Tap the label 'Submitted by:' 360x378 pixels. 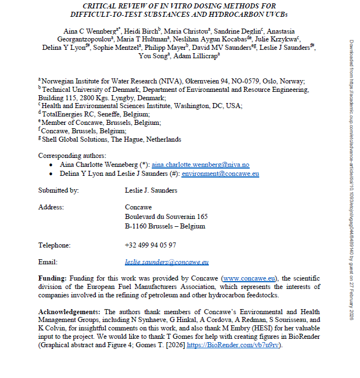(58, 190)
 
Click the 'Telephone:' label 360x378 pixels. (54, 245)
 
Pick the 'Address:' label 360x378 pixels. (51, 207)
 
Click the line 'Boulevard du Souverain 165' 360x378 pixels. (166, 216)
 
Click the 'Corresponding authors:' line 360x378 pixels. (72, 155)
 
